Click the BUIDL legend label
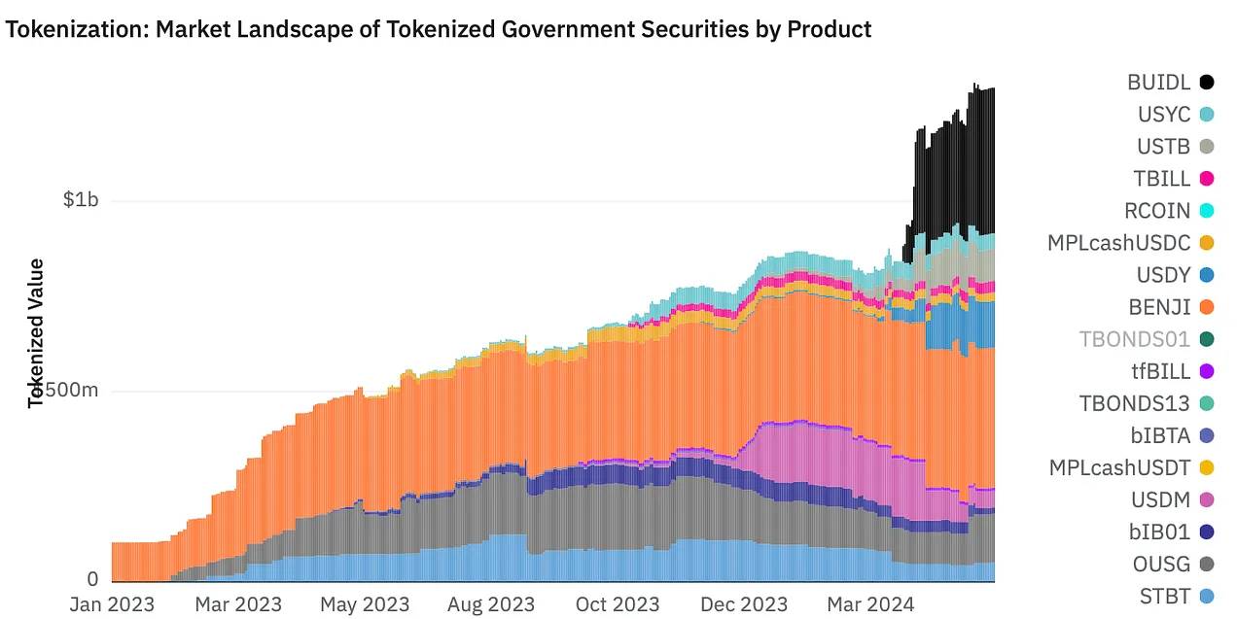tap(1159, 83)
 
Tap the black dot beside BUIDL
tap(1207, 83)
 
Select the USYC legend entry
tap(1164, 115)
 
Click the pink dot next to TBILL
tap(1207, 179)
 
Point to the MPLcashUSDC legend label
tap(1118, 243)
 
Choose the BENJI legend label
tap(1159, 307)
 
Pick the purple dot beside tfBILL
tap(1207, 371)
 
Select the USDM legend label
tap(1159, 499)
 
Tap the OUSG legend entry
tap(1160, 564)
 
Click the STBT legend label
tap(1164, 596)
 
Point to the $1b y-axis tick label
tap(81, 200)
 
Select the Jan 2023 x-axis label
tap(112, 604)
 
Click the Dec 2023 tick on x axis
tap(744, 604)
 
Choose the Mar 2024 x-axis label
tap(869, 604)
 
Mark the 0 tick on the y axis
tap(92, 580)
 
